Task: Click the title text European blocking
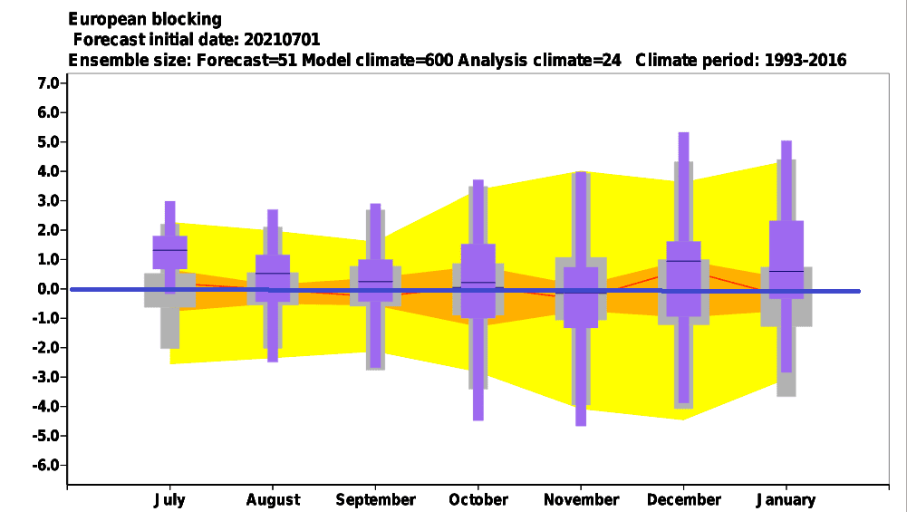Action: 145,20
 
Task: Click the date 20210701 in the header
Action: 282,39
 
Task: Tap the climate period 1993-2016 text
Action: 806,60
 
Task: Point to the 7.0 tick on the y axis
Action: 49,83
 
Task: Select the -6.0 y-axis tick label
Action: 46,465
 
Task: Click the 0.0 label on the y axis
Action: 49,288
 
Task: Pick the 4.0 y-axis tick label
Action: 49,171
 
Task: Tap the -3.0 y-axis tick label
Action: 46,377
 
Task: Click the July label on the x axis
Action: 169,500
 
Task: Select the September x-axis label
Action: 375,500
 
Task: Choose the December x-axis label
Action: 684,500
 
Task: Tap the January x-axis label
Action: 786,500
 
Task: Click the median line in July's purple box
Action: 170,250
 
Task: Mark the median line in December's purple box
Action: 684,261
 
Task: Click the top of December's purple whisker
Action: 684,133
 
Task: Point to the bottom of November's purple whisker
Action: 581,425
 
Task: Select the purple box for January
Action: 786,260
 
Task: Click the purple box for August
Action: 273,278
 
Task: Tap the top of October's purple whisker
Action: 478,180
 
